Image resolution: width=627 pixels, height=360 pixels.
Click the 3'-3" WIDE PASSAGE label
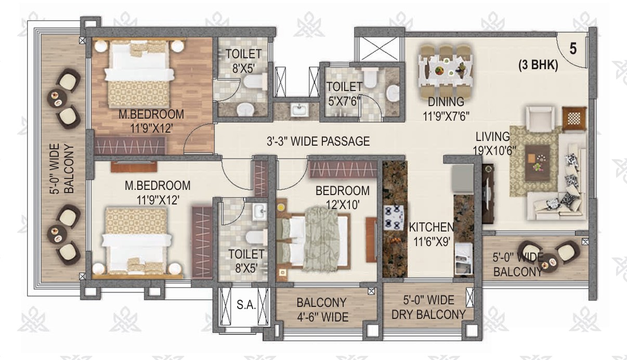(318, 141)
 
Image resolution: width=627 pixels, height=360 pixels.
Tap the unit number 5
(573, 49)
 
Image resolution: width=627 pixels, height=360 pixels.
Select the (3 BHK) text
(538, 65)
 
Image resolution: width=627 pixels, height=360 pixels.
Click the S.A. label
(246, 305)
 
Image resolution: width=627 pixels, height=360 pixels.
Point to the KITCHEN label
(432, 227)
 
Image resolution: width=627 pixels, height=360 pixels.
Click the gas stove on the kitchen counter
(393, 217)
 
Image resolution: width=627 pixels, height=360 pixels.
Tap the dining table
(446, 69)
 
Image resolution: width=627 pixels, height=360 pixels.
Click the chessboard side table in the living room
(574, 119)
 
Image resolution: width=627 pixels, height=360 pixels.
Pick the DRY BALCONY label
(428, 315)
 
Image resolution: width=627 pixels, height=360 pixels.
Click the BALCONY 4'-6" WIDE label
(322, 310)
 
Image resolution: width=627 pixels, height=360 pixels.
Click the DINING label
(446, 101)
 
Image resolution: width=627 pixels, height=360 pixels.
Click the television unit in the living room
(488, 194)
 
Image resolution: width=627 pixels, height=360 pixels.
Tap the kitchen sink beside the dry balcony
(464, 260)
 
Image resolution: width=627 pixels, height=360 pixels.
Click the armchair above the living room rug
(540, 119)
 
